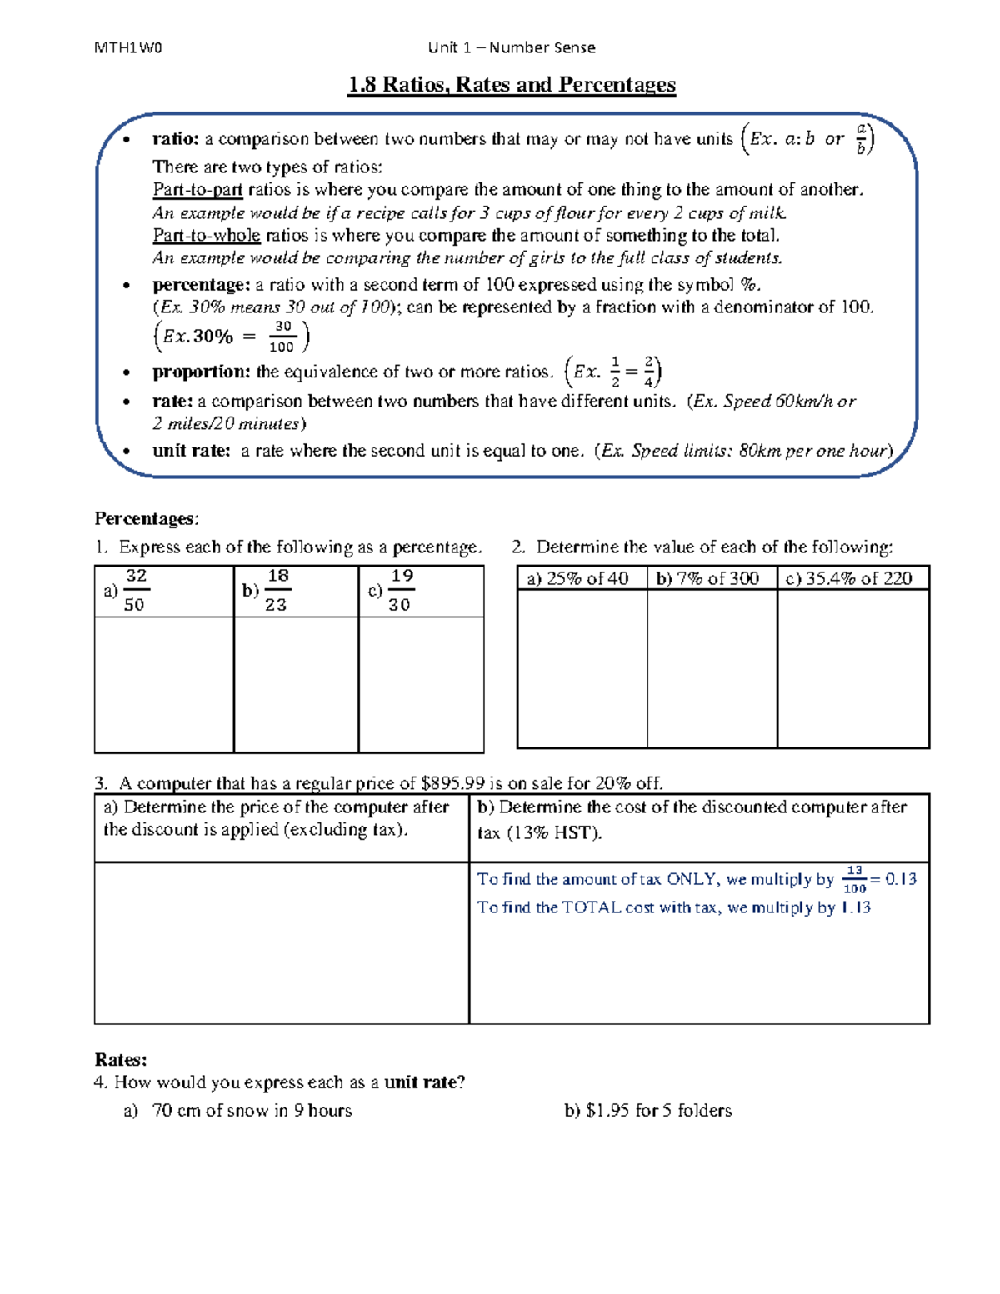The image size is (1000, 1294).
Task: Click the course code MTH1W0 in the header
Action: [128, 47]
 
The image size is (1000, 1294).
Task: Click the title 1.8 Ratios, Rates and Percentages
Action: [512, 85]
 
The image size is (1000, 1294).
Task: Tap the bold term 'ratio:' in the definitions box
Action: [175, 139]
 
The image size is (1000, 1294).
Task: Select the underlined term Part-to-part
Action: [197, 190]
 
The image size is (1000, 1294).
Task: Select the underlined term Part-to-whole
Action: [206, 236]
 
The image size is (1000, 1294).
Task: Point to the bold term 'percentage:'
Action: [201, 285]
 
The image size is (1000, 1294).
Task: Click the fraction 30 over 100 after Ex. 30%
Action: [282, 337]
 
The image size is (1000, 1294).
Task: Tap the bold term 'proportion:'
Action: [201, 372]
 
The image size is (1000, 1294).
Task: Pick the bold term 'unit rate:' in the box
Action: [191, 451]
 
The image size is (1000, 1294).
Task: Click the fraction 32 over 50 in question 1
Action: [135, 590]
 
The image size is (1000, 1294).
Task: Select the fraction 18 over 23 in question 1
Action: [277, 590]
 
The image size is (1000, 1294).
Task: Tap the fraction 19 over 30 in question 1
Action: [401, 590]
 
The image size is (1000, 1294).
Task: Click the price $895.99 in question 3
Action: [453, 783]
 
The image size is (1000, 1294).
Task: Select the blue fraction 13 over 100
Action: [854, 879]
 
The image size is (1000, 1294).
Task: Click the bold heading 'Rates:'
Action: [121, 1060]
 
